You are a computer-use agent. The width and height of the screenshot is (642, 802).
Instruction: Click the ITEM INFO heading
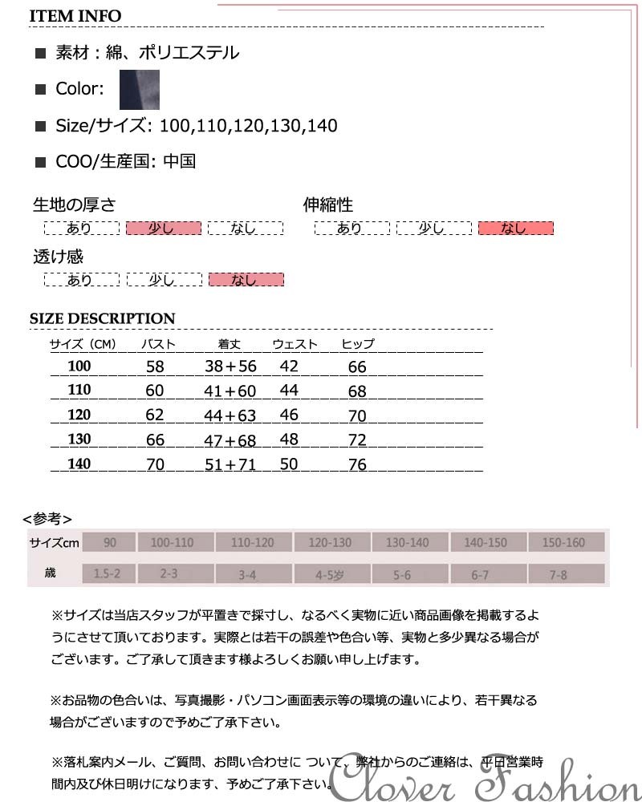click(75, 16)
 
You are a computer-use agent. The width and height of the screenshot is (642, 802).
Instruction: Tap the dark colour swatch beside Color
click(140, 89)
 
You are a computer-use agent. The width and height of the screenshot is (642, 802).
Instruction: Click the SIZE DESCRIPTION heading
click(102, 318)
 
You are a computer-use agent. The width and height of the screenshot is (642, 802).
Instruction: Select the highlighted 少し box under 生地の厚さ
click(162, 229)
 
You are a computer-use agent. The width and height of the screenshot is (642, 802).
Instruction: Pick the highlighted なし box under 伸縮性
click(515, 229)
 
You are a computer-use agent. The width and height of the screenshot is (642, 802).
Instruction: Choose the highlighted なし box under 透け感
click(246, 280)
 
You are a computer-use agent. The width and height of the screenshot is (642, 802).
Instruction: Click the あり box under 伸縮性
click(351, 229)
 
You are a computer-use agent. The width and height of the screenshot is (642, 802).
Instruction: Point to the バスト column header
click(158, 345)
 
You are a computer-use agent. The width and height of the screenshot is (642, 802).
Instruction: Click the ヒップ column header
click(358, 345)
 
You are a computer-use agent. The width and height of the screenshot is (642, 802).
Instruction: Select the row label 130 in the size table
click(79, 439)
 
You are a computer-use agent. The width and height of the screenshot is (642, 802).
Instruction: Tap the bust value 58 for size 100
click(155, 367)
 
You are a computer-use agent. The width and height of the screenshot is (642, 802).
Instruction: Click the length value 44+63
click(230, 415)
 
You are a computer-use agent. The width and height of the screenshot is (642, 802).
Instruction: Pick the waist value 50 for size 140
click(289, 464)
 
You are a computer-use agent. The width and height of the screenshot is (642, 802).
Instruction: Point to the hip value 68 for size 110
click(357, 391)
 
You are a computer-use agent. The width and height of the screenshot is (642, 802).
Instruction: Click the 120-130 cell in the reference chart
click(330, 543)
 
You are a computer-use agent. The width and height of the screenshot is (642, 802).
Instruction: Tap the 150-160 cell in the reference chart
click(563, 543)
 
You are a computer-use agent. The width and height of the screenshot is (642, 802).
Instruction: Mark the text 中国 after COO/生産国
click(179, 161)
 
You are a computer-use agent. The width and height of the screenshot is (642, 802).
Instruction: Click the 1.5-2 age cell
click(108, 574)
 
